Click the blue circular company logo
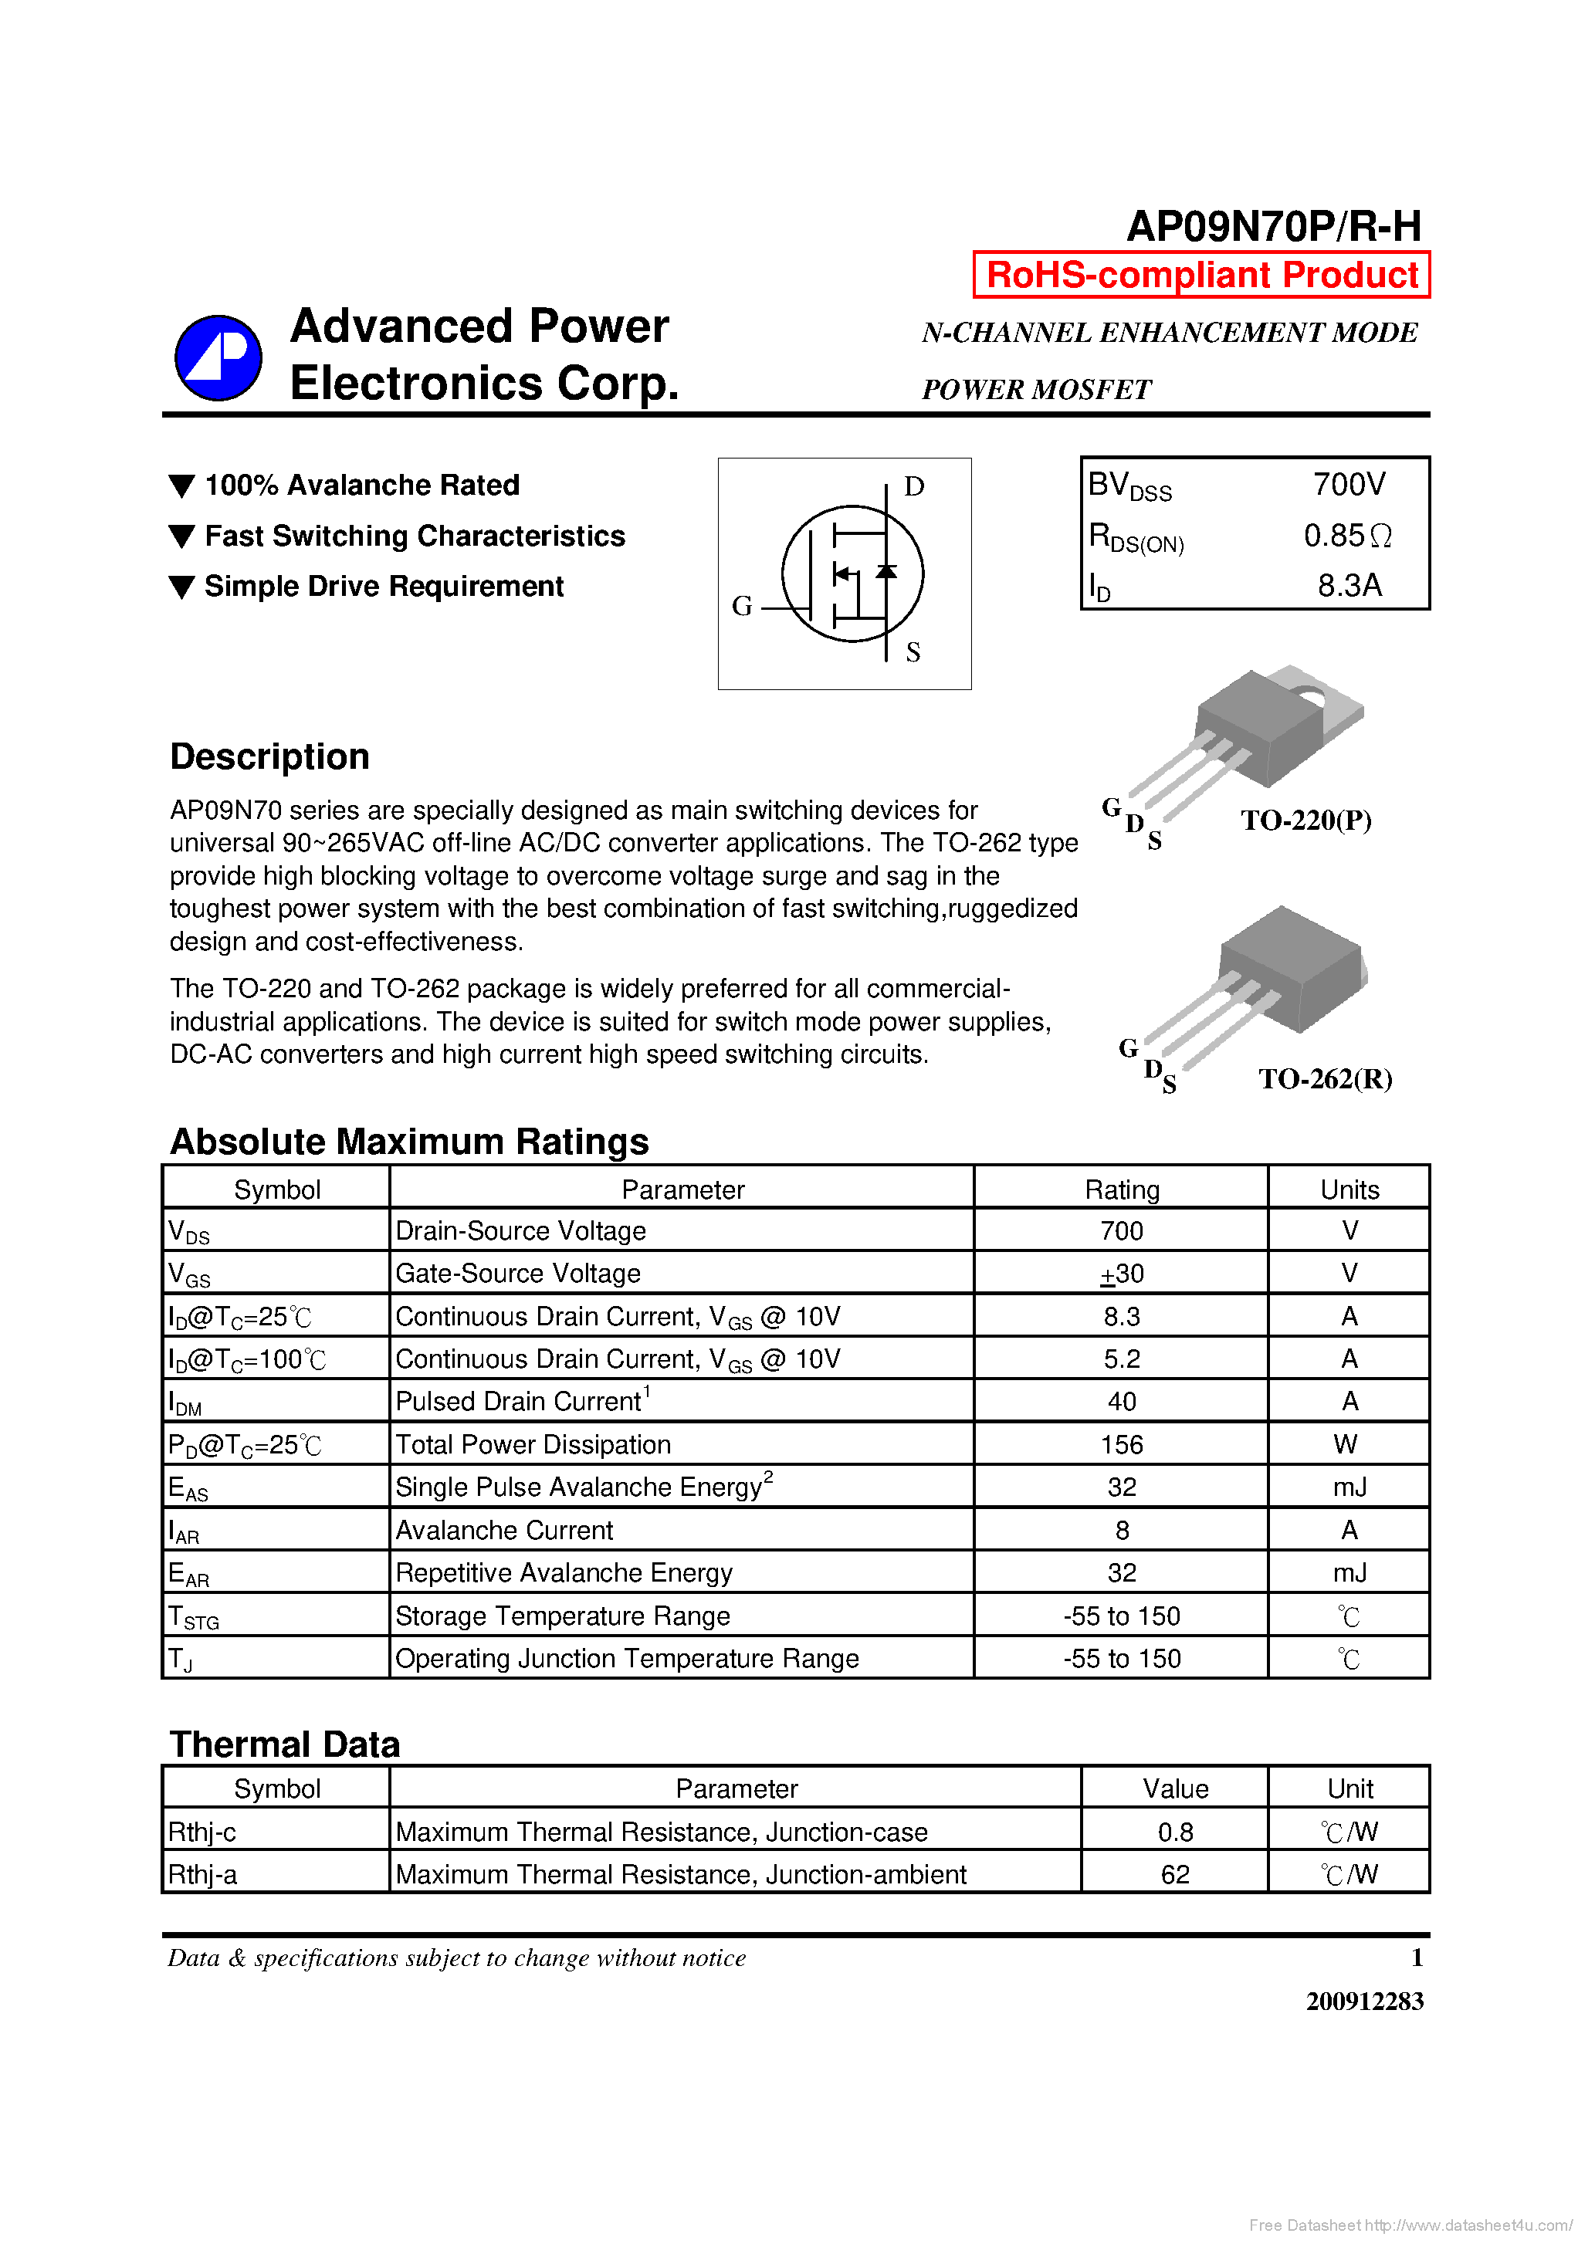point(218,358)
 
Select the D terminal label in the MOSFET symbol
point(913,486)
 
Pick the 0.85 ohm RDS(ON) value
point(1347,536)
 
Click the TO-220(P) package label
point(1306,820)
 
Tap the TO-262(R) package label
point(1325,1079)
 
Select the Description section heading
point(269,757)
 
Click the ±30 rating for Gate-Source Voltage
point(1122,1274)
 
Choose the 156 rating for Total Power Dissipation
point(1122,1445)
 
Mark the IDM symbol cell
point(186,1403)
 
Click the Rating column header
point(1122,1190)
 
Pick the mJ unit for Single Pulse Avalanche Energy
point(1349,1488)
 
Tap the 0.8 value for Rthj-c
point(1175,1832)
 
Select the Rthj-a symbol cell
point(202,1876)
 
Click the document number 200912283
point(1364,2002)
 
